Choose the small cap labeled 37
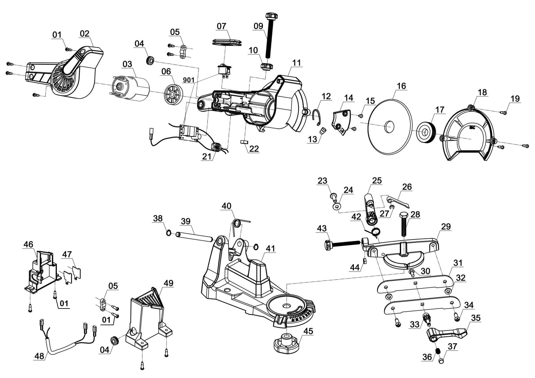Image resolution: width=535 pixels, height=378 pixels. (441, 360)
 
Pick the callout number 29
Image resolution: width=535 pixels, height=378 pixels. (446, 227)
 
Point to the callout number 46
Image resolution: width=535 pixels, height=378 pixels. (28, 244)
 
